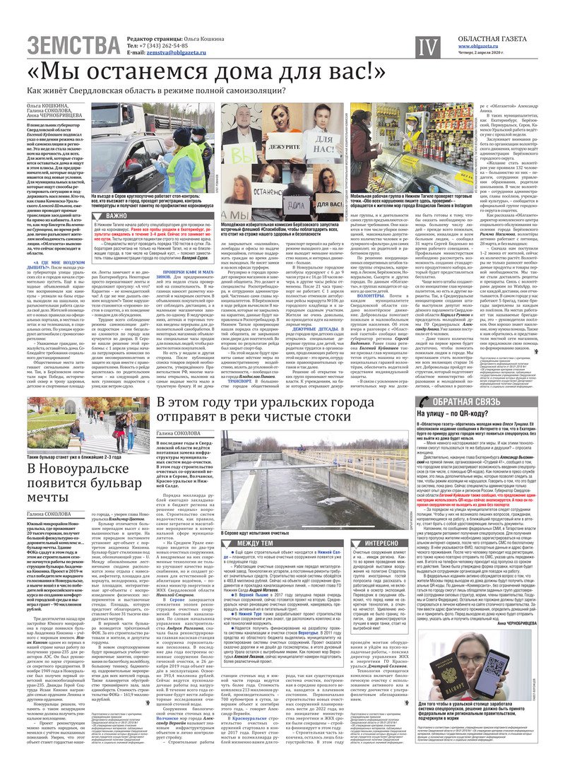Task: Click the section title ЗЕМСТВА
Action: (73, 47)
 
